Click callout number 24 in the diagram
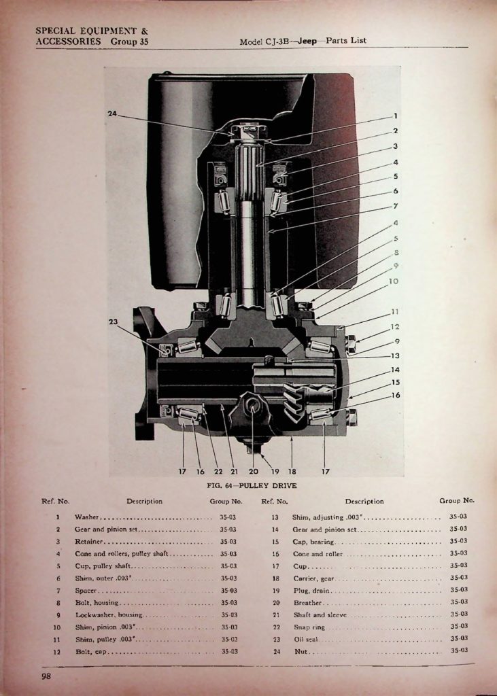click(x=112, y=114)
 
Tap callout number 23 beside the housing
click(x=114, y=321)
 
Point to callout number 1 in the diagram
click(x=395, y=116)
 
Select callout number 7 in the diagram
click(x=395, y=206)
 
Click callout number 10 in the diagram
click(x=394, y=281)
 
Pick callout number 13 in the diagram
click(x=395, y=355)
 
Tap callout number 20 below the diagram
click(x=253, y=472)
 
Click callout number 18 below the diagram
click(x=292, y=472)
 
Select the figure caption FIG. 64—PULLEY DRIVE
click(x=252, y=485)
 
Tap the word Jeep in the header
click(x=307, y=41)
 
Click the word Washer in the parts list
click(x=86, y=517)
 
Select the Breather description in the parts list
click(x=307, y=603)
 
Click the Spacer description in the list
click(x=86, y=591)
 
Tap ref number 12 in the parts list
click(x=57, y=652)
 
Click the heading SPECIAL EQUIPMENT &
click(x=92, y=31)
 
